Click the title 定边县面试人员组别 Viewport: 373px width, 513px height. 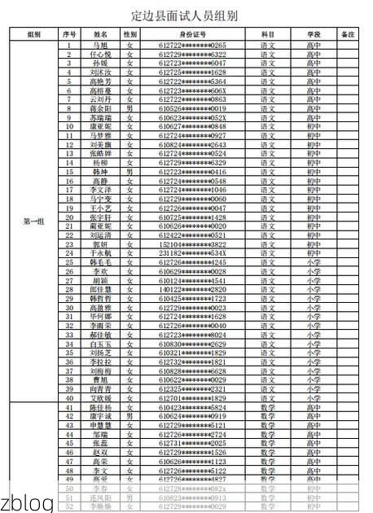click(x=186, y=15)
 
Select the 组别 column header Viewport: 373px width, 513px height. click(x=33, y=35)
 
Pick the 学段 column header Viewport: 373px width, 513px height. click(x=314, y=35)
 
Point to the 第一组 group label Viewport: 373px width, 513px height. click(x=33, y=220)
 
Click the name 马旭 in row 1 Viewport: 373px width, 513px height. click(x=100, y=45)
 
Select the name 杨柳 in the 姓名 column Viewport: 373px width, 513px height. click(x=100, y=162)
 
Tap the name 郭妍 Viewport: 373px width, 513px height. click(x=100, y=244)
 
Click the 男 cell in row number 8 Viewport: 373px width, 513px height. click(x=129, y=108)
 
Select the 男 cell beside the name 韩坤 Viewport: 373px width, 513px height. click(x=129, y=172)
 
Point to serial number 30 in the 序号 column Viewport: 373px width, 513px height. click(x=70, y=308)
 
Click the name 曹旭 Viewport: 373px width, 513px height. click(x=100, y=379)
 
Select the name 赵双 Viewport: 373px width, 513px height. click(x=100, y=452)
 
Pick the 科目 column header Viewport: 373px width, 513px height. click(x=268, y=35)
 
